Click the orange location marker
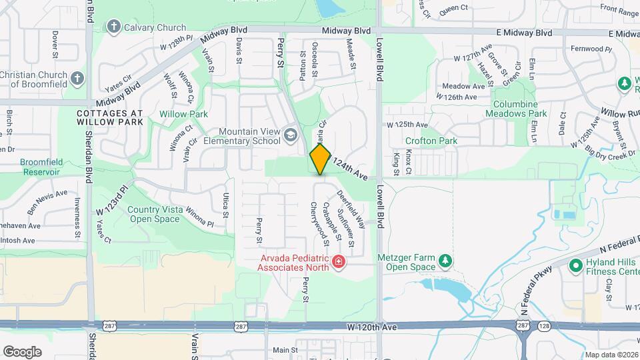point(321,159)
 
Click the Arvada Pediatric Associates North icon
point(339,261)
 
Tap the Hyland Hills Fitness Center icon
point(575,266)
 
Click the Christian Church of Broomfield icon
point(78,79)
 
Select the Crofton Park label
point(430,141)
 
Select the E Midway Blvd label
point(524,33)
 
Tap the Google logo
point(22,351)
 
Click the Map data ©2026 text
point(611,355)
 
